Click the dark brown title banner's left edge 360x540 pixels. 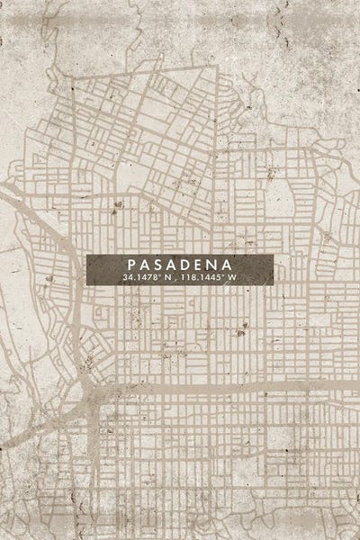(88, 269)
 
